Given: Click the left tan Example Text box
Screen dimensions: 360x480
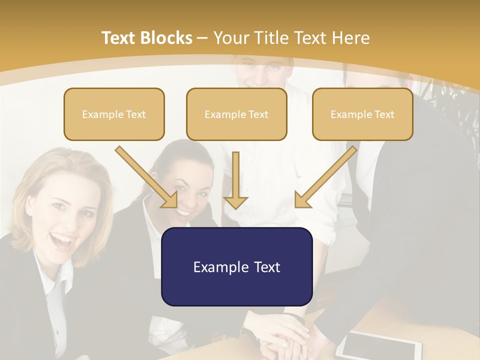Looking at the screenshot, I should click(114, 114).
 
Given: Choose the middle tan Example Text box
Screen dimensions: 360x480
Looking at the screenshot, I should click(236, 114).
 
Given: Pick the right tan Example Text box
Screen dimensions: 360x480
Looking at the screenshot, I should click(362, 114).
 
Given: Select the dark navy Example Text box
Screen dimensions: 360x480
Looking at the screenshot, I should click(236, 266).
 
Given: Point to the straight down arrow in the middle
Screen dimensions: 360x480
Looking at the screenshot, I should click(236, 180).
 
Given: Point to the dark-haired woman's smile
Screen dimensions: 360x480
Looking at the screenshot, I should click(183, 213).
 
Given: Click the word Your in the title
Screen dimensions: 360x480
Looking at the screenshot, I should click(230, 38).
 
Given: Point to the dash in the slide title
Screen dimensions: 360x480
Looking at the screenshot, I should click(202, 38).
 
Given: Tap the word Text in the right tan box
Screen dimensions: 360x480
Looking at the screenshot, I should click(384, 114).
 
